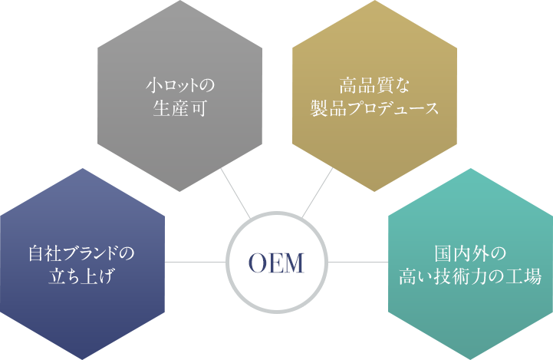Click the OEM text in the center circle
(276, 263)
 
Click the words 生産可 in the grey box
(179, 107)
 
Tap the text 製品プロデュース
(374, 107)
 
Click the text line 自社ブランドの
(81, 253)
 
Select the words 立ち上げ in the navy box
(81, 276)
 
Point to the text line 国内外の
(471, 253)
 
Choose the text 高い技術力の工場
(471, 276)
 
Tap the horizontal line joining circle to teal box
(359, 262)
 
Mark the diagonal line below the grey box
(229, 181)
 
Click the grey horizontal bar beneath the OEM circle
(276, 313)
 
